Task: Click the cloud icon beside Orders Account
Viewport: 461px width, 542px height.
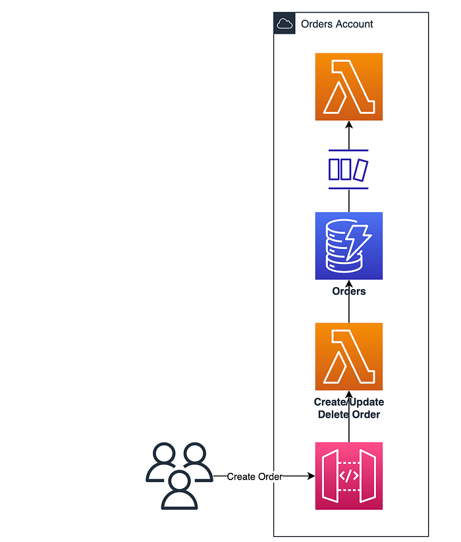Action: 285,24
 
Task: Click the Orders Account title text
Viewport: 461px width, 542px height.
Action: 337,24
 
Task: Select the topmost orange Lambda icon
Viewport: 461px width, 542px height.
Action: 348,87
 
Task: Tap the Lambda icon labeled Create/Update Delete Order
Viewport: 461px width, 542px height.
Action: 348,356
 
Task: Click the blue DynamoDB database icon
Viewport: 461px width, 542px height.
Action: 348,246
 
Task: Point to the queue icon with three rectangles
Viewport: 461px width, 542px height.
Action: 348,169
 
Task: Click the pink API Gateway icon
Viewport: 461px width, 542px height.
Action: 348,476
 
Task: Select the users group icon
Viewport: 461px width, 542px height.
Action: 179,476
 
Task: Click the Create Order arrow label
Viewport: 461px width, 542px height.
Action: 254,477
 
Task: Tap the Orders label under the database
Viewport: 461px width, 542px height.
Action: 348,291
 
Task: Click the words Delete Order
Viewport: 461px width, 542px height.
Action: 348,414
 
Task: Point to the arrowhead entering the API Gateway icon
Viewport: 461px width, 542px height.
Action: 312,476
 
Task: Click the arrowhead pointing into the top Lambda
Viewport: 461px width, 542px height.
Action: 348,124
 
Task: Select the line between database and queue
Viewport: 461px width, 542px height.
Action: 348,201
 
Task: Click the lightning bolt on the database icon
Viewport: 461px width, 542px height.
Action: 358,242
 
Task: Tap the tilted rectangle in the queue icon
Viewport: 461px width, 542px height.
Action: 360,170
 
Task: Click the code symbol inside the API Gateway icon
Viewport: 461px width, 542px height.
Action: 348,476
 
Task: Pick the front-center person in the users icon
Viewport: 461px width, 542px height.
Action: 179,490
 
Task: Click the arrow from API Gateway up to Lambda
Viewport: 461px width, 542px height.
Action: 348,416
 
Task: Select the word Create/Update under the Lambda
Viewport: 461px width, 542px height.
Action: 348,402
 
